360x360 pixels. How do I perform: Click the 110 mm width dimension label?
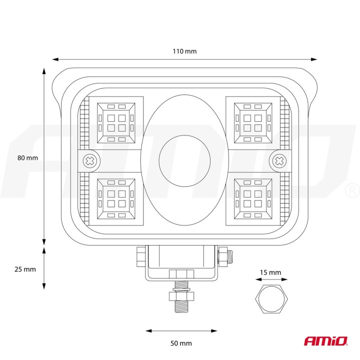(x=184, y=51)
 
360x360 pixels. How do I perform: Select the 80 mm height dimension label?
(x=27, y=157)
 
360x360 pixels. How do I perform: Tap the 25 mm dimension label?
(x=25, y=269)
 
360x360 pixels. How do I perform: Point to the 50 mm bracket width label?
(x=181, y=343)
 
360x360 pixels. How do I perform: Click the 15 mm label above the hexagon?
(x=270, y=272)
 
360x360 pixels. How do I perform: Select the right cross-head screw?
(x=279, y=160)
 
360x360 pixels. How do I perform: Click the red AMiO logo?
(x=325, y=341)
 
